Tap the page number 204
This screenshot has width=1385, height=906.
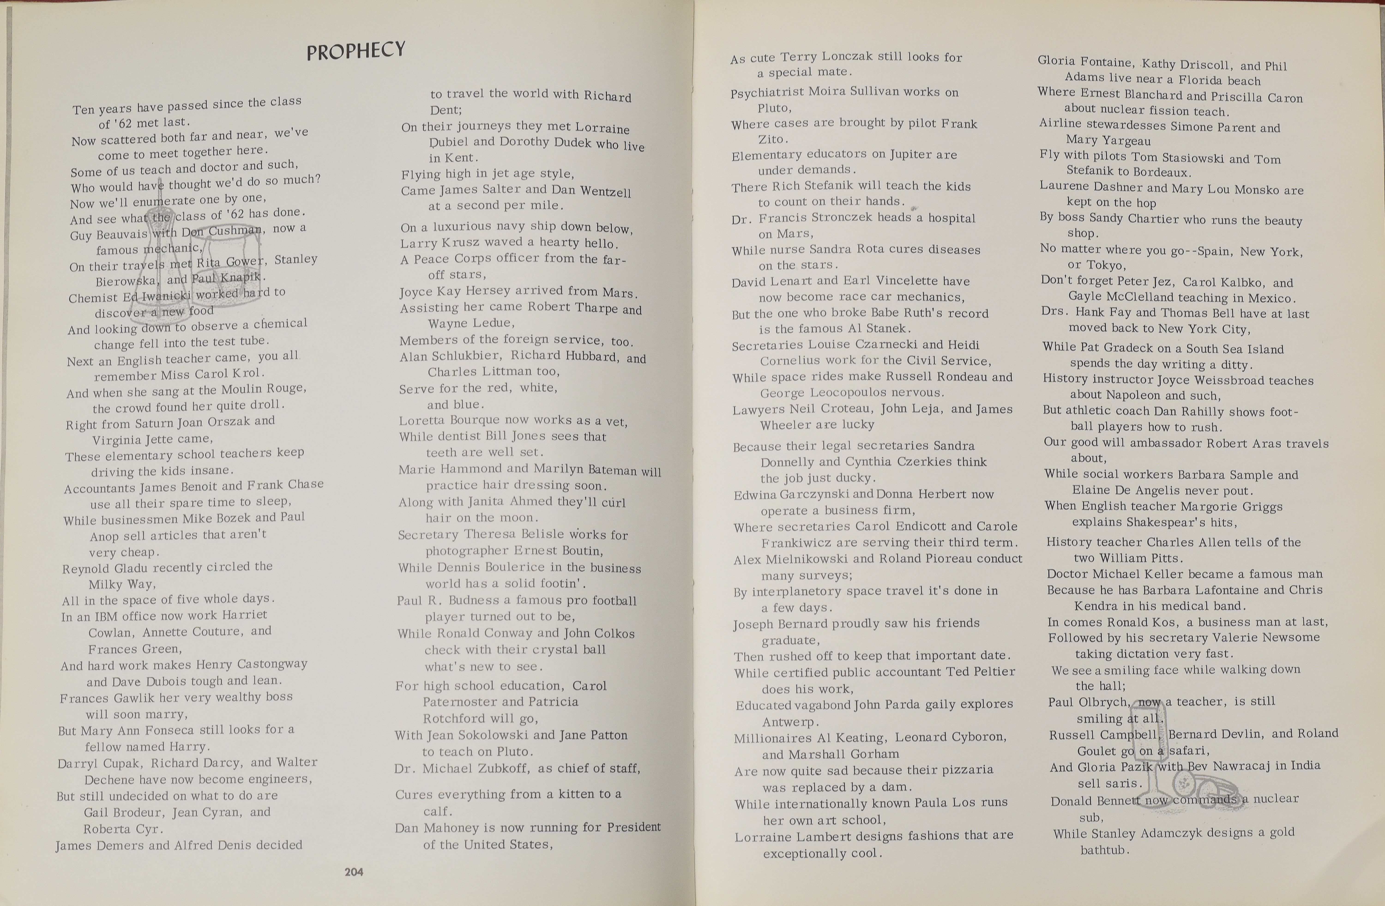point(354,872)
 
